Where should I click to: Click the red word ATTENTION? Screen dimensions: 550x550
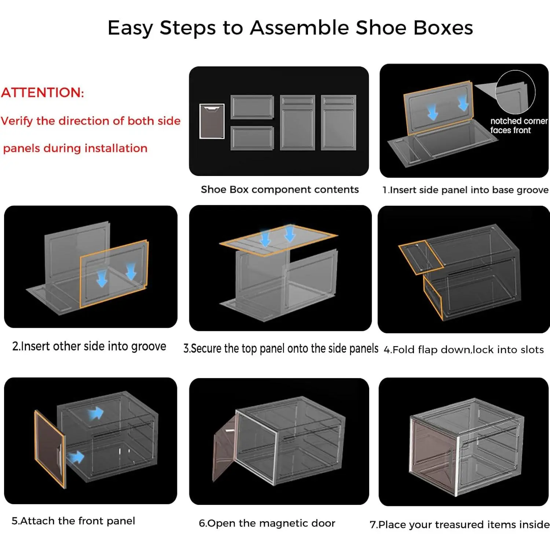(x=43, y=92)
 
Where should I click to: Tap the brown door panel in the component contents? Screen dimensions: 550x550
(x=212, y=121)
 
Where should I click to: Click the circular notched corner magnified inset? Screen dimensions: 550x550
(x=515, y=92)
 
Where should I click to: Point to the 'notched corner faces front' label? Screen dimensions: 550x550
(x=519, y=125)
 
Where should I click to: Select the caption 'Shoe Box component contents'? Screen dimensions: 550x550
(x=280, y=190)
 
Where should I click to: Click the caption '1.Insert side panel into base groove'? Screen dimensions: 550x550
(x=465, y=190)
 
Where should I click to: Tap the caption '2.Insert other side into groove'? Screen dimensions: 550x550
(x=89, y=346)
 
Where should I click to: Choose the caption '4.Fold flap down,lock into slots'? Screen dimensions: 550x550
(x=463, y=349)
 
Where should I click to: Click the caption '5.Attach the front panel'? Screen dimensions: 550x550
(x=73, y=521)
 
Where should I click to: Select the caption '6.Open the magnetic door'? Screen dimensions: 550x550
(x=267, y=523)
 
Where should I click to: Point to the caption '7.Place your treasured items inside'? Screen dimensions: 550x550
(x=460, y=525)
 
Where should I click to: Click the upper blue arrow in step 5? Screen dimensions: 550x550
(x=96, y=413)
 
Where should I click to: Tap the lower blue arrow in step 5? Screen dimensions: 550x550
(x=76, y=457)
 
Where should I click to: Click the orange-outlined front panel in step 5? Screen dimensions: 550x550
(x=50, y=449)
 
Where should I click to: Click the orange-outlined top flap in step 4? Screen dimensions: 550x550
(x=421, y=257)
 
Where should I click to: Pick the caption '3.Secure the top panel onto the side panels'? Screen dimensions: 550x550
(x=281, y=348)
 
